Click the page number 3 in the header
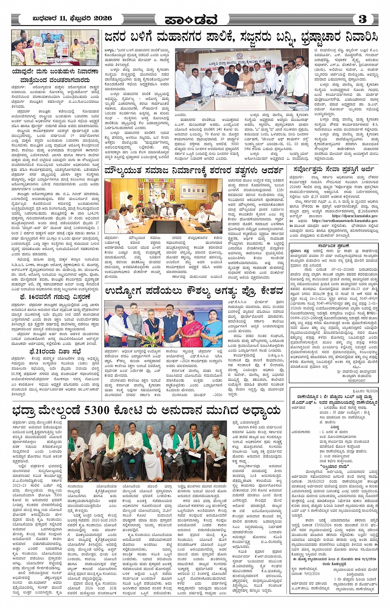362,19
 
